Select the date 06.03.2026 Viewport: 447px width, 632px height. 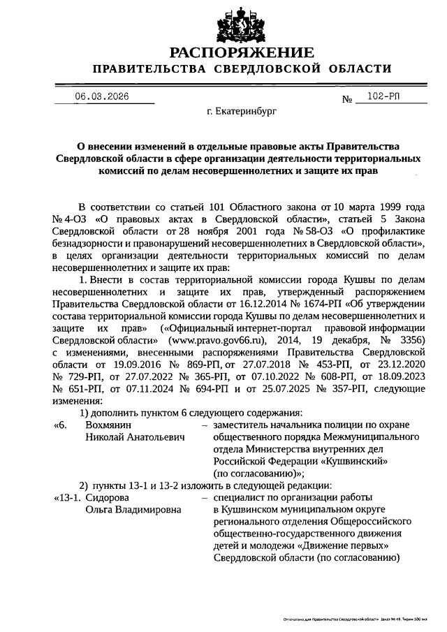coord(102,97)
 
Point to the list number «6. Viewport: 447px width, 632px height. coord(61,424)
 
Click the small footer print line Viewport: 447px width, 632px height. coord(349,619)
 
